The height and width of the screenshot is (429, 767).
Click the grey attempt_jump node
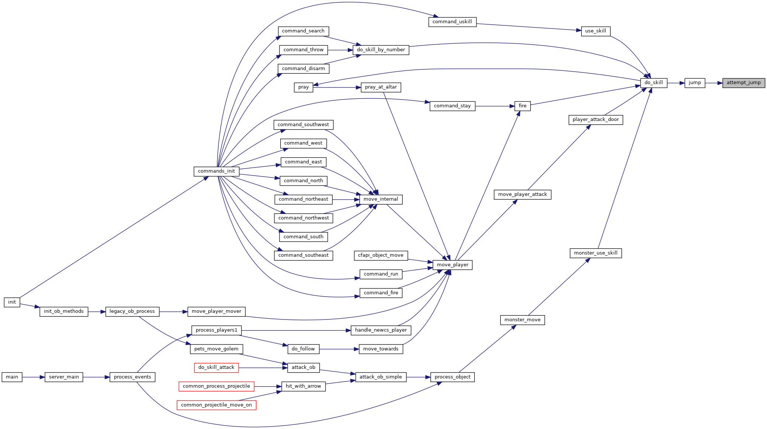pos(743,83)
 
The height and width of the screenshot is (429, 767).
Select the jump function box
pos(695,83)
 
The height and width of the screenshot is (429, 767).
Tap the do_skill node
pos(653,83)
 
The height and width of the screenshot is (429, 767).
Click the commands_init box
pos(216,172)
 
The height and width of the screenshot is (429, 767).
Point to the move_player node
pos(452,265)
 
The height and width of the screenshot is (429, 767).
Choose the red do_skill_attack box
pos(216,368)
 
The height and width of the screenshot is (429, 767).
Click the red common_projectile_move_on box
pos(216,405)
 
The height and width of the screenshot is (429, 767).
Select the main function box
pos(12,377)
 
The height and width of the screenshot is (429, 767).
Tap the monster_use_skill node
pos(596,253)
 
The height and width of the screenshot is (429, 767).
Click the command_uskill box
pos(452,22)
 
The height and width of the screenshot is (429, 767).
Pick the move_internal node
pos(381,200)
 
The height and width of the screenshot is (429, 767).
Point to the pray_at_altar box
pos(381,87)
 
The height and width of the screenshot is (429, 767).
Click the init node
pos(12,302)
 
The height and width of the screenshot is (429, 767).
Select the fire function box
pos(523,106)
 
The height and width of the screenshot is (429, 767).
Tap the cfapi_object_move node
pos(381,256)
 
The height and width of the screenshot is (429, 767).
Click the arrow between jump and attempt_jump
pos(714,83)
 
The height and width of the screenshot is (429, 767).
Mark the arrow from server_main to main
pos(34,377)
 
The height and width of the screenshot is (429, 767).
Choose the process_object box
pos(452,377)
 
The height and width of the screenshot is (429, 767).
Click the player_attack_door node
pos(596,120)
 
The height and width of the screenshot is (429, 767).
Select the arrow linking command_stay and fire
pos(495,106)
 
